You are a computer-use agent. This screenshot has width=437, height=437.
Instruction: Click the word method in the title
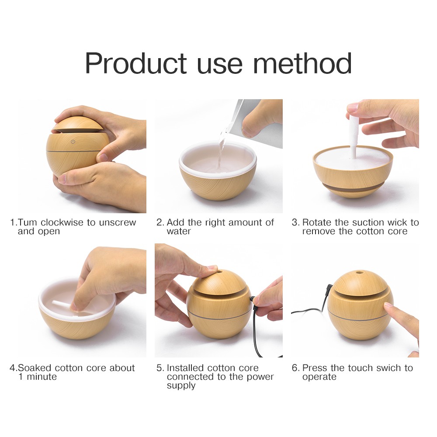pos(302,63)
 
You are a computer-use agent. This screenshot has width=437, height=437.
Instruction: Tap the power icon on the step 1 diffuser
pos(73,142)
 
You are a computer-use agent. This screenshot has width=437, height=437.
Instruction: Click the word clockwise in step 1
pos(62,222)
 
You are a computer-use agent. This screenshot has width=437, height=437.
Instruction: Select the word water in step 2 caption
pos(179,231)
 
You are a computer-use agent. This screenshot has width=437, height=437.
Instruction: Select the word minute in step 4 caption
pos(42,377)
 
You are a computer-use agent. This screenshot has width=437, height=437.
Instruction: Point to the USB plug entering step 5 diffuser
pos(253,300)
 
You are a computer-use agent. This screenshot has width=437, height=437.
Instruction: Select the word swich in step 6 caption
pos(385,368)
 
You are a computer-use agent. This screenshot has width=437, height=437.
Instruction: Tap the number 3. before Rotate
pos(295,222)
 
